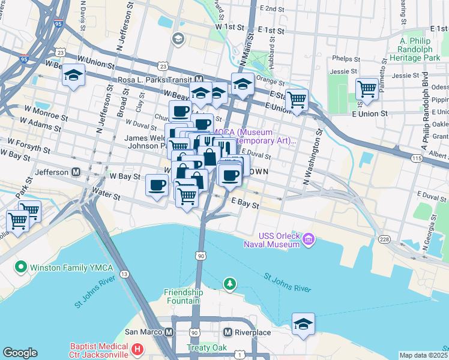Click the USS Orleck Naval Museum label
pyautogui.click(x=279, y=240)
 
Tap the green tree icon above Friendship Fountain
pyautogui.click(x=229, y=283)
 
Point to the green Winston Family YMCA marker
pyautogui.click(x=20, y=266)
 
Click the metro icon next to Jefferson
pyautogui.click(x=76, y=172)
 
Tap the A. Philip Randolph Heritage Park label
pyautogui.click(x=420, y=49)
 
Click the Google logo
pyautogui.click(x=20, y=353)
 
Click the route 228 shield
pyautogui.click(x=384, y=239)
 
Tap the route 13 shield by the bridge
pyautogui.click(x=124, y=274)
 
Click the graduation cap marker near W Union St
pyautogui.click(x=73, y=76)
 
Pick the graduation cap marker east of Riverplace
pyautogui.click(x=303, y=324)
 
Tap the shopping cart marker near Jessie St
pyautogui.click(x=366, y=89)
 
